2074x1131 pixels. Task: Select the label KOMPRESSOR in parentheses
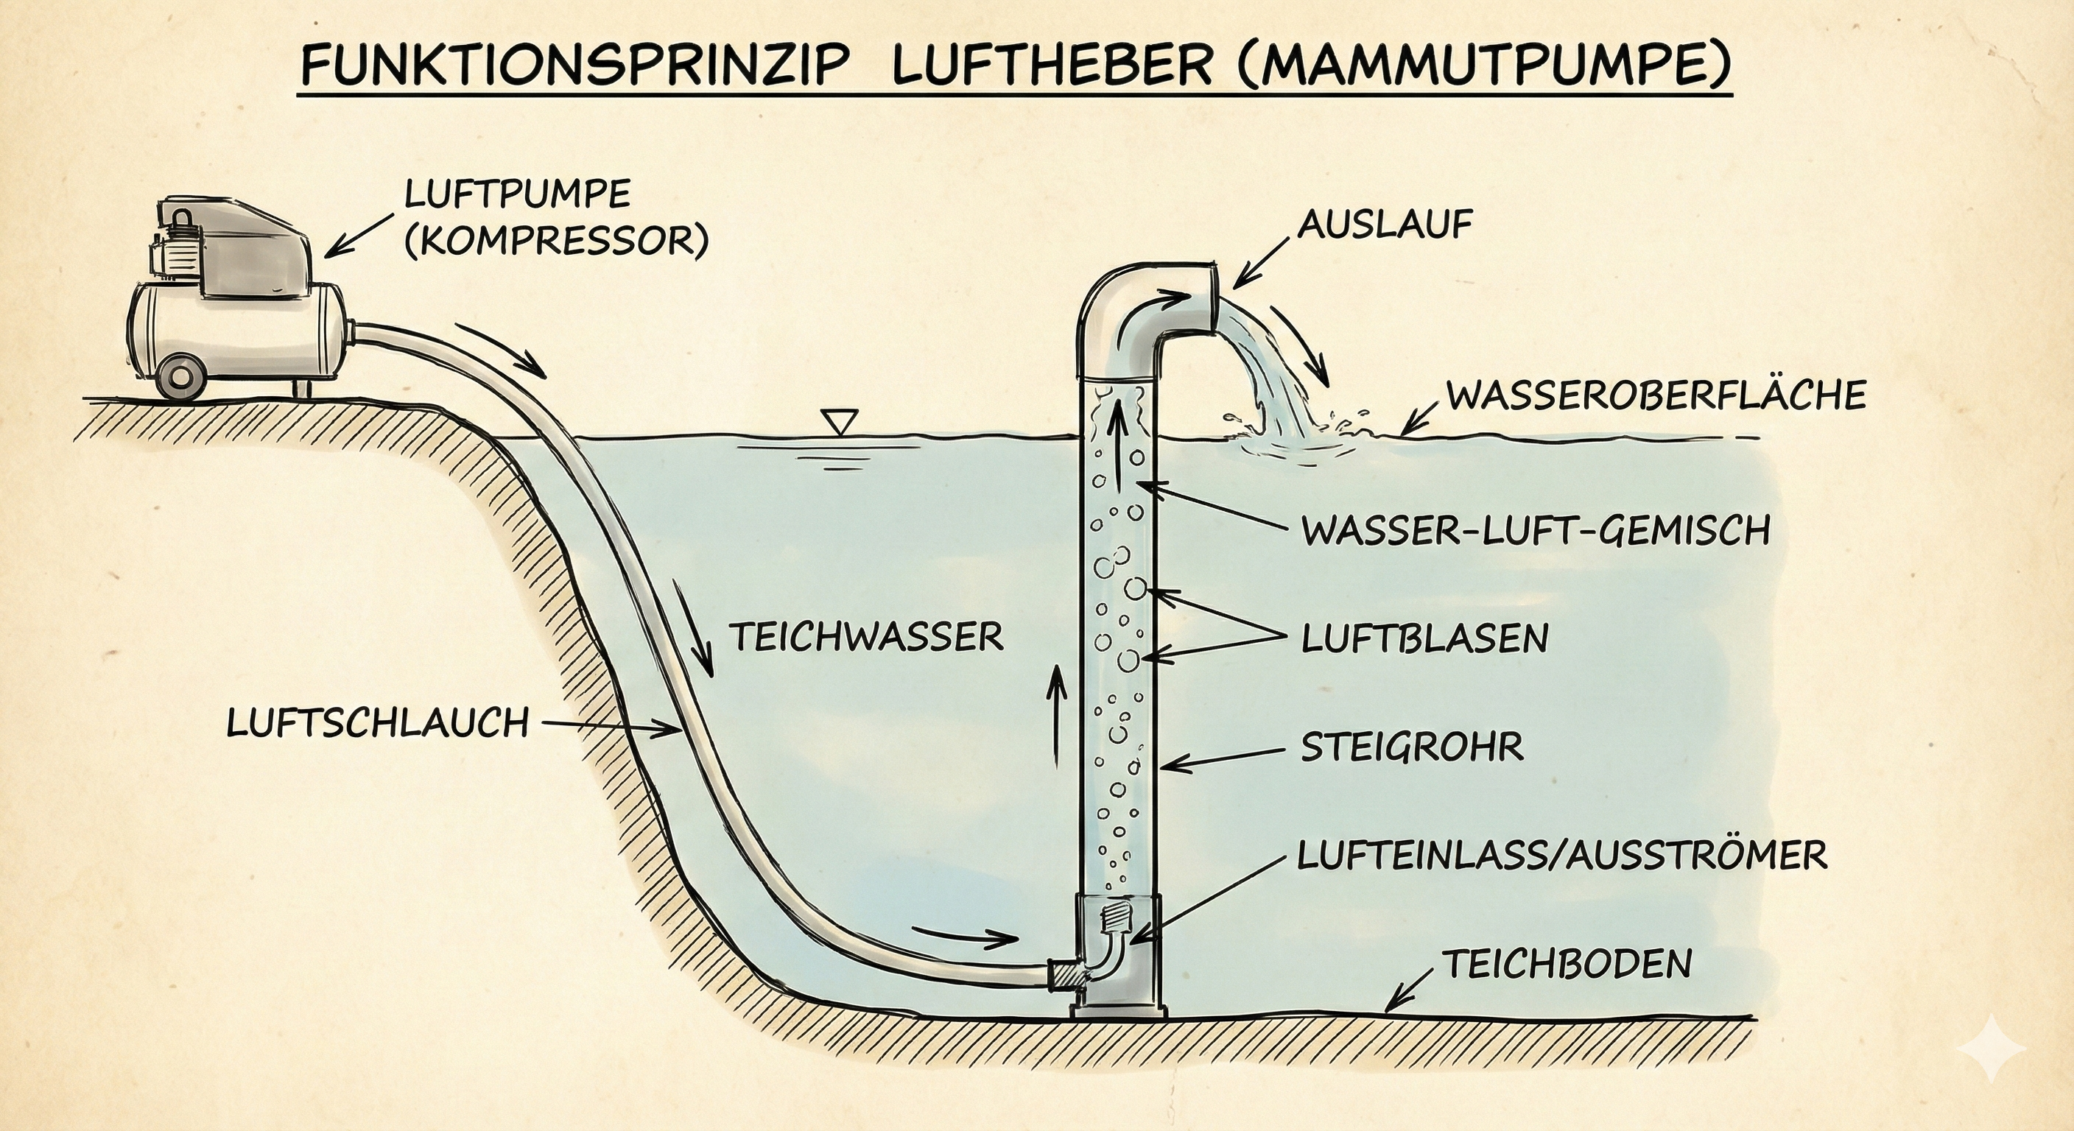555,240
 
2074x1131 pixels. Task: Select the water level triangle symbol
839,420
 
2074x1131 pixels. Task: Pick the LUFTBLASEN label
1424,639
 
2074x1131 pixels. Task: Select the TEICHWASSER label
866,638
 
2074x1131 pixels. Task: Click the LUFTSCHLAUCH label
378,723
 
